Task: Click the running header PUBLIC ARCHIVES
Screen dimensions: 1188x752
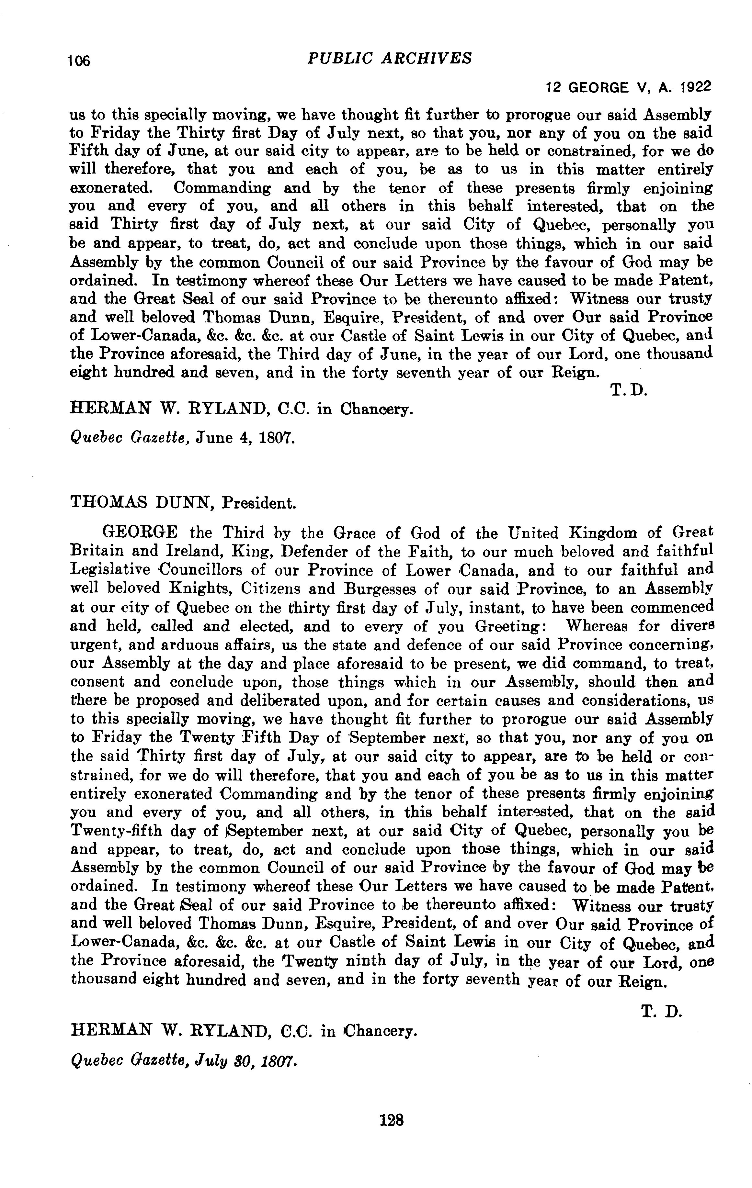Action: pyautogui.click(x=389, y=58)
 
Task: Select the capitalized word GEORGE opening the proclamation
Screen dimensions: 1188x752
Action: pyautogui.click(x=140, y=533)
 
